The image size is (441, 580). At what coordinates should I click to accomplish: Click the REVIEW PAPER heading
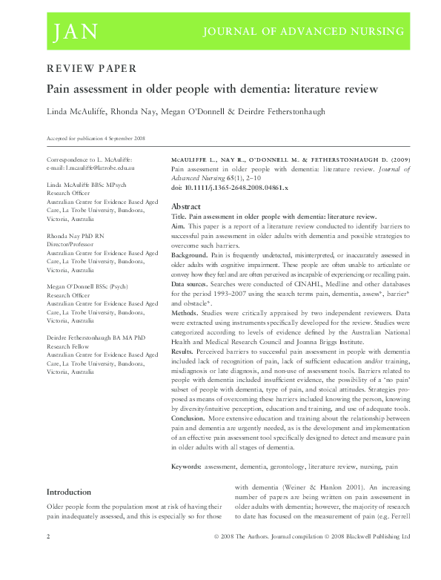[x=91, y=69]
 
